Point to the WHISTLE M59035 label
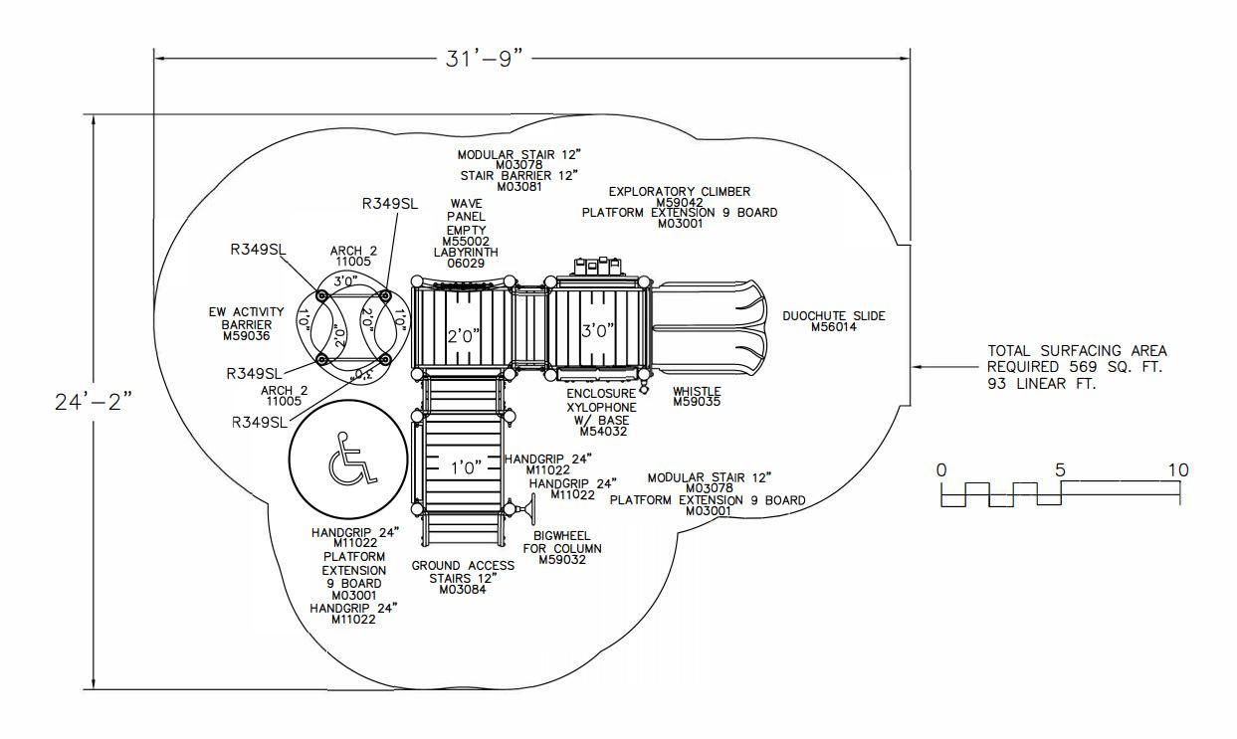pos(696,397)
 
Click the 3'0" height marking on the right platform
pos(596,330)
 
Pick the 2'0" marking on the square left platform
pos(463,335)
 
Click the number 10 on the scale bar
pos(1177,469)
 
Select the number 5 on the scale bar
pos(1061,469)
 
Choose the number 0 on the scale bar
pos(941,469)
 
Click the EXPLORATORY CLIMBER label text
pos(680,191)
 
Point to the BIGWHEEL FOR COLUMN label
pos(561,547)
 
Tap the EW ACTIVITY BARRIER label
pos(247,323)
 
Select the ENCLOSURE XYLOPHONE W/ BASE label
pos(602,413)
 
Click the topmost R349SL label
pos(389,204)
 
